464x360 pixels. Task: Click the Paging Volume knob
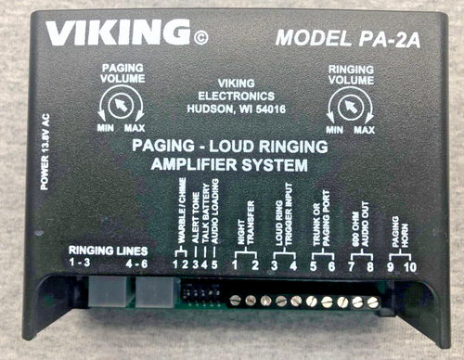tap(115, 113)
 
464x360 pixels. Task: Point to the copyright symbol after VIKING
tap(200, 39)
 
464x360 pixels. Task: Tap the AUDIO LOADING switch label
tap(214, 224)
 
